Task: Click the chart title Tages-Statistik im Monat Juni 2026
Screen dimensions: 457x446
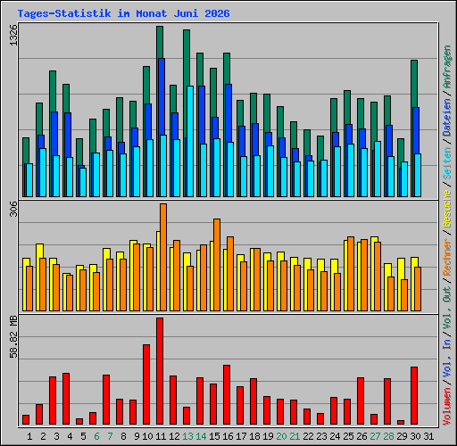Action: (x=123, y=13)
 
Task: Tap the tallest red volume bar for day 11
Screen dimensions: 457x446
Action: (x=160, y=371)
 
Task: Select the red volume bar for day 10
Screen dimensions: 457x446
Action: (x=146, y=384)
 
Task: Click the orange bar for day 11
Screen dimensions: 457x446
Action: (x=163, y=257)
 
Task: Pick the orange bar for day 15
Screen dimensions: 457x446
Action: (x=217, y=265)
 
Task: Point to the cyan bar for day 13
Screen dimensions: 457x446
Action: (x=190, y=141)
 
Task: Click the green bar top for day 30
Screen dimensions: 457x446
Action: (x=414, y=61)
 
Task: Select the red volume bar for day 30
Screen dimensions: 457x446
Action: (x=414, y=395)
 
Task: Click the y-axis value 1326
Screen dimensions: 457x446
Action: (x=13, y=35)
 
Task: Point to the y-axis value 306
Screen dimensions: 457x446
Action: (x=13, y=209)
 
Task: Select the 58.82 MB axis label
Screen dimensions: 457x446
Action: (x=13, y=337)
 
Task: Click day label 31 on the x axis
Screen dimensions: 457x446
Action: (x=428, y=436)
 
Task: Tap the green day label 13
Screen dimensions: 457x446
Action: (x=187, y=436)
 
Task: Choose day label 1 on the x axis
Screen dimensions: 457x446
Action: (x=29, y=436)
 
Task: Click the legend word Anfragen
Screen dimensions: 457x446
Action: (x=447, y=67)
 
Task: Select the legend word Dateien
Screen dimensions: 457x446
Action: (x=447, y=118)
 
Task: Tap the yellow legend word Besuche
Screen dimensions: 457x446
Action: (x=447, y=209)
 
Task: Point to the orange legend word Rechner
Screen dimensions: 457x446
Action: (x=447, y=257)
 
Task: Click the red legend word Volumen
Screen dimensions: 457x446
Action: (x=447, y=407)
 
